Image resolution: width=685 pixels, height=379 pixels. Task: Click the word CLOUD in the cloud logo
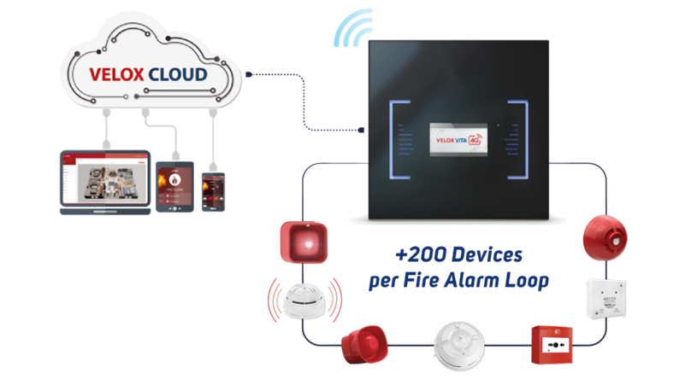point(176,75)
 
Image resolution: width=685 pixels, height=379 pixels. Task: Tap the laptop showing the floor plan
point(102,182)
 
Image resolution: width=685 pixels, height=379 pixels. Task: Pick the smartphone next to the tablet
point(213,189)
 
